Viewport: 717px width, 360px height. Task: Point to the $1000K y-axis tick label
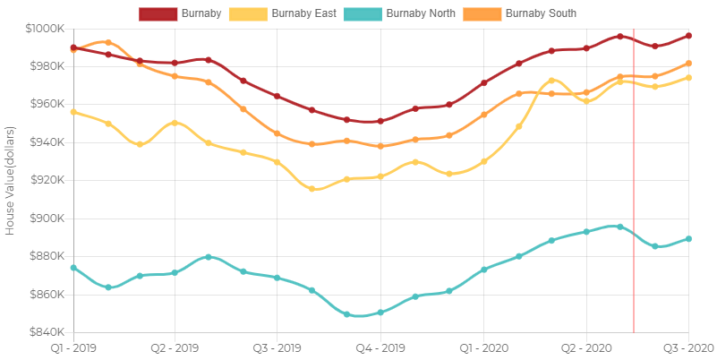coord(43,29)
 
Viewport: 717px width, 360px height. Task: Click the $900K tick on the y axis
coord(46,219)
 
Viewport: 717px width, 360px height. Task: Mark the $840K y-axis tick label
coord(46,332)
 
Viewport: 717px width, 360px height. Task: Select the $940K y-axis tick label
coord(46,142)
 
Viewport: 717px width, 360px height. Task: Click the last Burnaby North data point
coord(688,238)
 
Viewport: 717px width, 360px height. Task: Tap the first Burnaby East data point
coord(73,112)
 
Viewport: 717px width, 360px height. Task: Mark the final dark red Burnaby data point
coord(688,36)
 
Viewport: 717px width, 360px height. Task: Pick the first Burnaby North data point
coord(73,268)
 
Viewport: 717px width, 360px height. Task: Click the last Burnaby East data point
coord(688,78)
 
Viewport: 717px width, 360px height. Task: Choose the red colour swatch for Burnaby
coord(158,13)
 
